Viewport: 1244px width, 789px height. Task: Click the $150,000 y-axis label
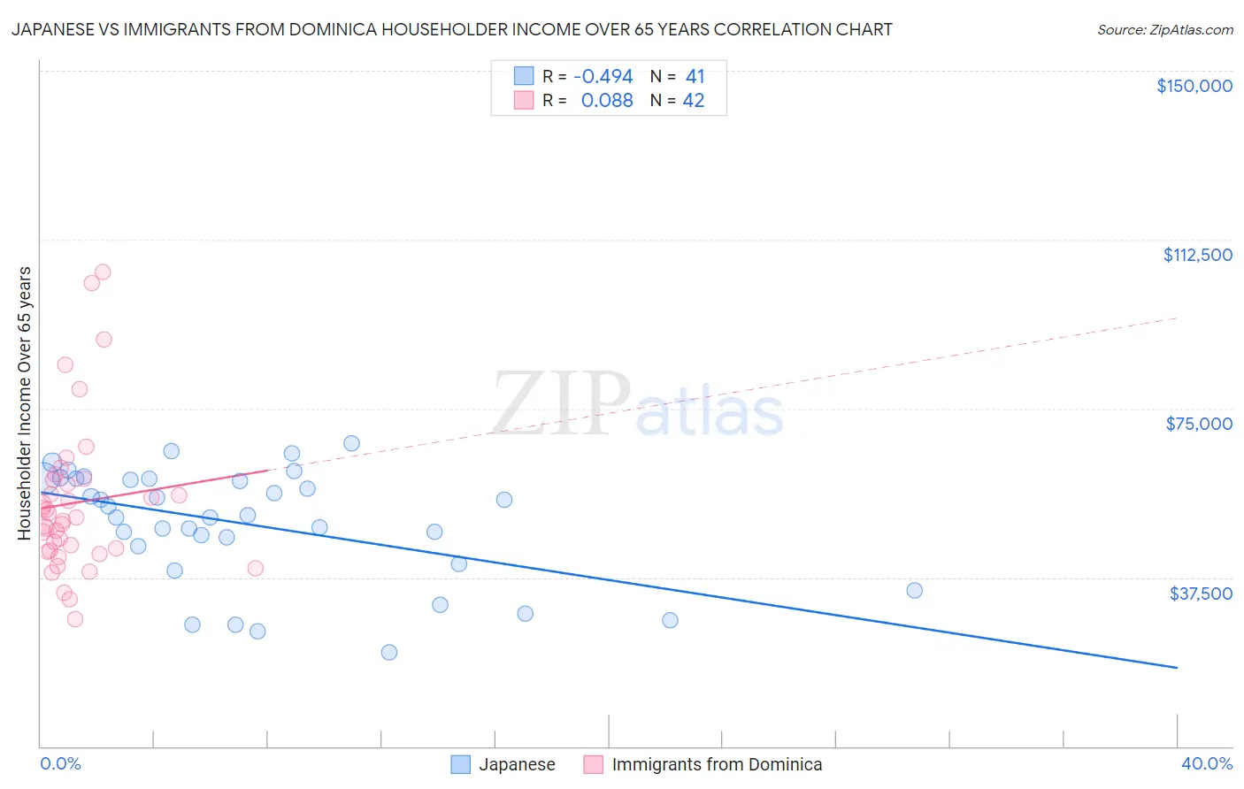1194,86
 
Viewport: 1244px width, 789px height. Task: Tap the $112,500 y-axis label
1197,255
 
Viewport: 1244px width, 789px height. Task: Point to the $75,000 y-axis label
1199,424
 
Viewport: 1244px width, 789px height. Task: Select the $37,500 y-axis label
1201,594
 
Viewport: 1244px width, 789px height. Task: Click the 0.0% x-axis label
60,763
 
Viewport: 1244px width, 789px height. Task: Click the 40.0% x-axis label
1206,763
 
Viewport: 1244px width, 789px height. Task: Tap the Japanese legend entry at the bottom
517,764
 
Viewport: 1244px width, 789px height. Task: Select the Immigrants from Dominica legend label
717,764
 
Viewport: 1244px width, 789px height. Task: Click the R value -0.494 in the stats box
603,77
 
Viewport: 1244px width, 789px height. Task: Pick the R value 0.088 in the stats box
607,101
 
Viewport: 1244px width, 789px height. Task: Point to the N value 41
695,77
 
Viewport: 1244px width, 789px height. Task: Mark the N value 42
694,101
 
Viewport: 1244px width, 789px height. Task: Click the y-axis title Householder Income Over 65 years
25,403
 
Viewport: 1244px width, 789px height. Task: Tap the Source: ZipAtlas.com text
1164,30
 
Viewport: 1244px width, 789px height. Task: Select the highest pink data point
103,272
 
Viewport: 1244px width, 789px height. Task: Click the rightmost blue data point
914,591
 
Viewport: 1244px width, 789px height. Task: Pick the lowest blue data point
389,653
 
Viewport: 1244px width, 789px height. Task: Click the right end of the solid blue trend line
1177,667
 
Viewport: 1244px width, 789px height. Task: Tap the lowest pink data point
75,619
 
